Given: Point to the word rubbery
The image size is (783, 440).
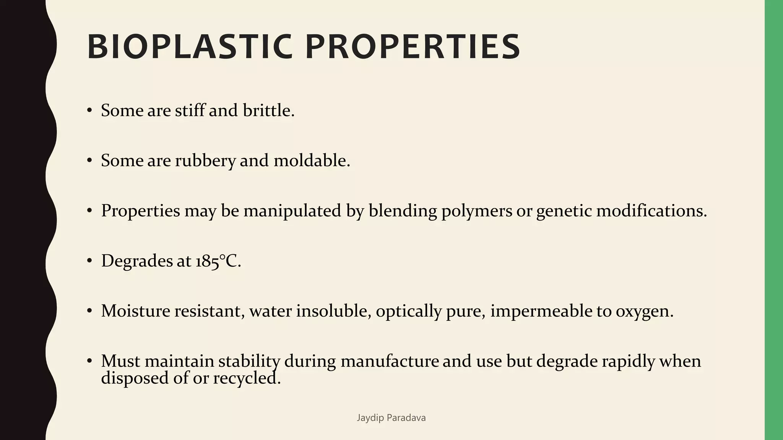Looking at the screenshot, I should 205,161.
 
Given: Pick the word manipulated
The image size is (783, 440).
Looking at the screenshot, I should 292,211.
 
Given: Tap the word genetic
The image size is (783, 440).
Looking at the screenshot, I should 564,211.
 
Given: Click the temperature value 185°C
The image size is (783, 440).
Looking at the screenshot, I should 218,261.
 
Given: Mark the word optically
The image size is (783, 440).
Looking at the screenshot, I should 409,312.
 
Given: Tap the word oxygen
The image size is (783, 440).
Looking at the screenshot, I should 644,312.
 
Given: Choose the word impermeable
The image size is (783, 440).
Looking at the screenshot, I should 541,312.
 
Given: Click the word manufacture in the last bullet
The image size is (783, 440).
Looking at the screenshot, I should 390,361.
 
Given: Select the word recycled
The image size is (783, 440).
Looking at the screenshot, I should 247,378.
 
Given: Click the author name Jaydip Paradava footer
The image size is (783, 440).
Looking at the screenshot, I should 391,418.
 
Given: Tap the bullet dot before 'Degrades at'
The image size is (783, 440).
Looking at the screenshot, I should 89,261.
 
